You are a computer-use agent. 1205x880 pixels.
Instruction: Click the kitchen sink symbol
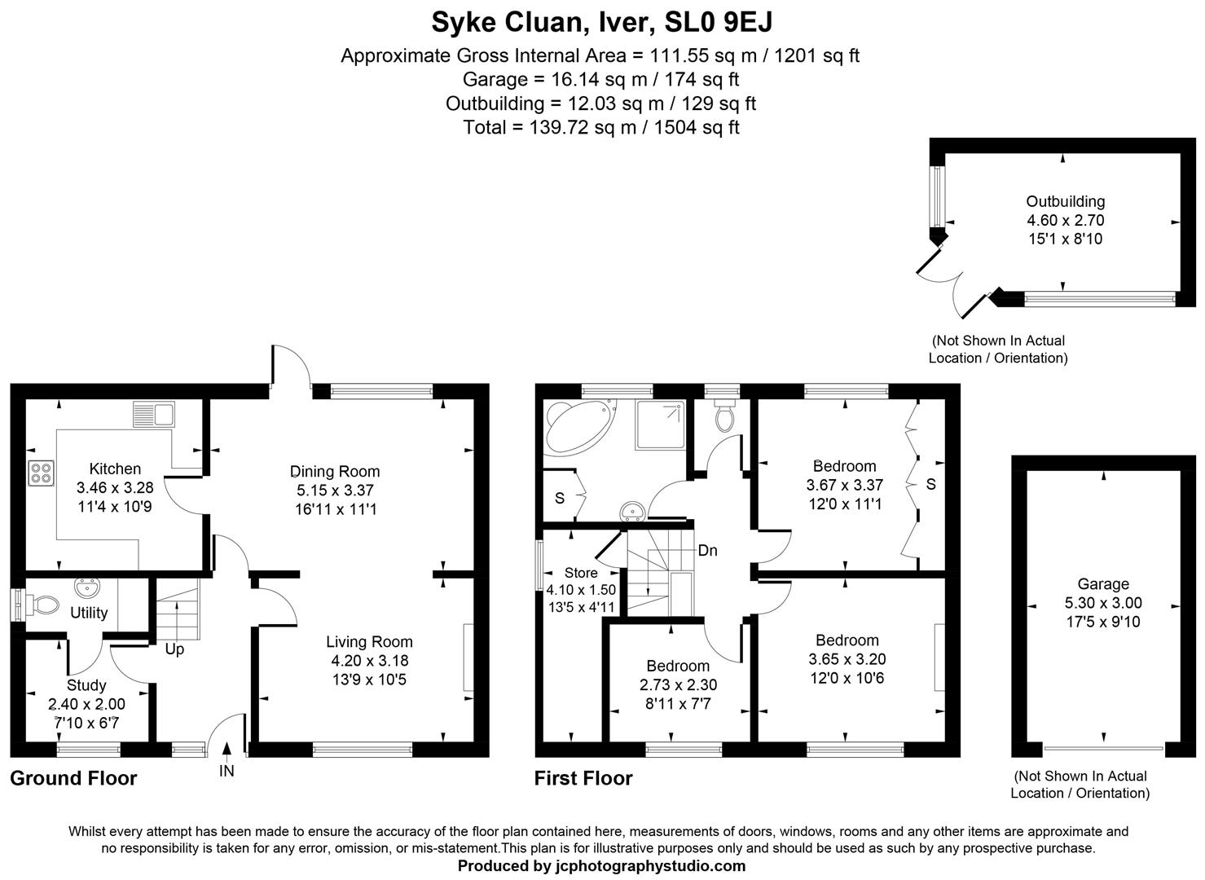[x=153, y=415]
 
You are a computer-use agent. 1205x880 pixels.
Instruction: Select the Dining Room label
[x=335, y=471]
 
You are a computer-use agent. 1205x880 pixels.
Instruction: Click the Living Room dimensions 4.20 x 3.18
[x=369, y=660]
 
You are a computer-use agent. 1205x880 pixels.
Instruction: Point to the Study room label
[x=86, y=685]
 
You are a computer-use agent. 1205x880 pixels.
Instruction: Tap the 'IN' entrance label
[x=226, y=770]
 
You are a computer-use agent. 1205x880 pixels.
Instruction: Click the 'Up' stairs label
[x=174, y=649]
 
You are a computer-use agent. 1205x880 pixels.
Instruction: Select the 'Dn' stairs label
[x=707, y=551]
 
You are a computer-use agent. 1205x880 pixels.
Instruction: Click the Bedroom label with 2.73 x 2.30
[x=678, y=666]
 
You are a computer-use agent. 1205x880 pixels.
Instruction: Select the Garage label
[x=1103, y=583]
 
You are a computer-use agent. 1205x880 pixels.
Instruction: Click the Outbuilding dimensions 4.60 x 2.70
[x=1065, y=220]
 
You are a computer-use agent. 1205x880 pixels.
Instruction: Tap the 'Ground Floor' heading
[x=73, y=778]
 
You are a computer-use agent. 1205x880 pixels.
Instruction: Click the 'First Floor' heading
[x=583, y=778]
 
